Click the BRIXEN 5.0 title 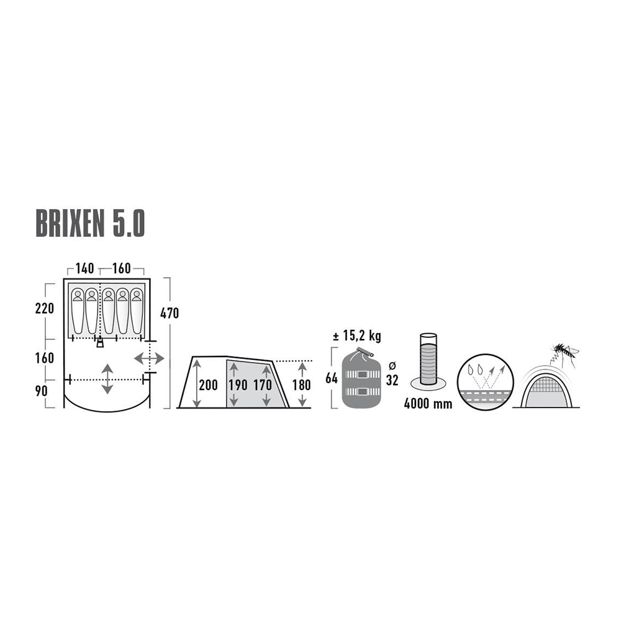[90, 224]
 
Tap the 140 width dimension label [84, 268]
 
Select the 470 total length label [170, 313]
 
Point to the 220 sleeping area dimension [44, 308]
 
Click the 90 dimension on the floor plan [41, 391]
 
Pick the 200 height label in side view [208, 385]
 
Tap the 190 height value [238, 385]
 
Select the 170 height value [263, 385]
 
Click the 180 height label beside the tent [301, 385]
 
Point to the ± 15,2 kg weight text [357, 336]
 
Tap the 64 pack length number [332, 378]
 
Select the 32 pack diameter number [392, 380]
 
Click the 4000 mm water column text [428, 404]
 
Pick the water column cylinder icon [428, 361]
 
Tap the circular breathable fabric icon [485, 382]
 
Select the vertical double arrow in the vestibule [107, 379]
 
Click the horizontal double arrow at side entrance [149, 359]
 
